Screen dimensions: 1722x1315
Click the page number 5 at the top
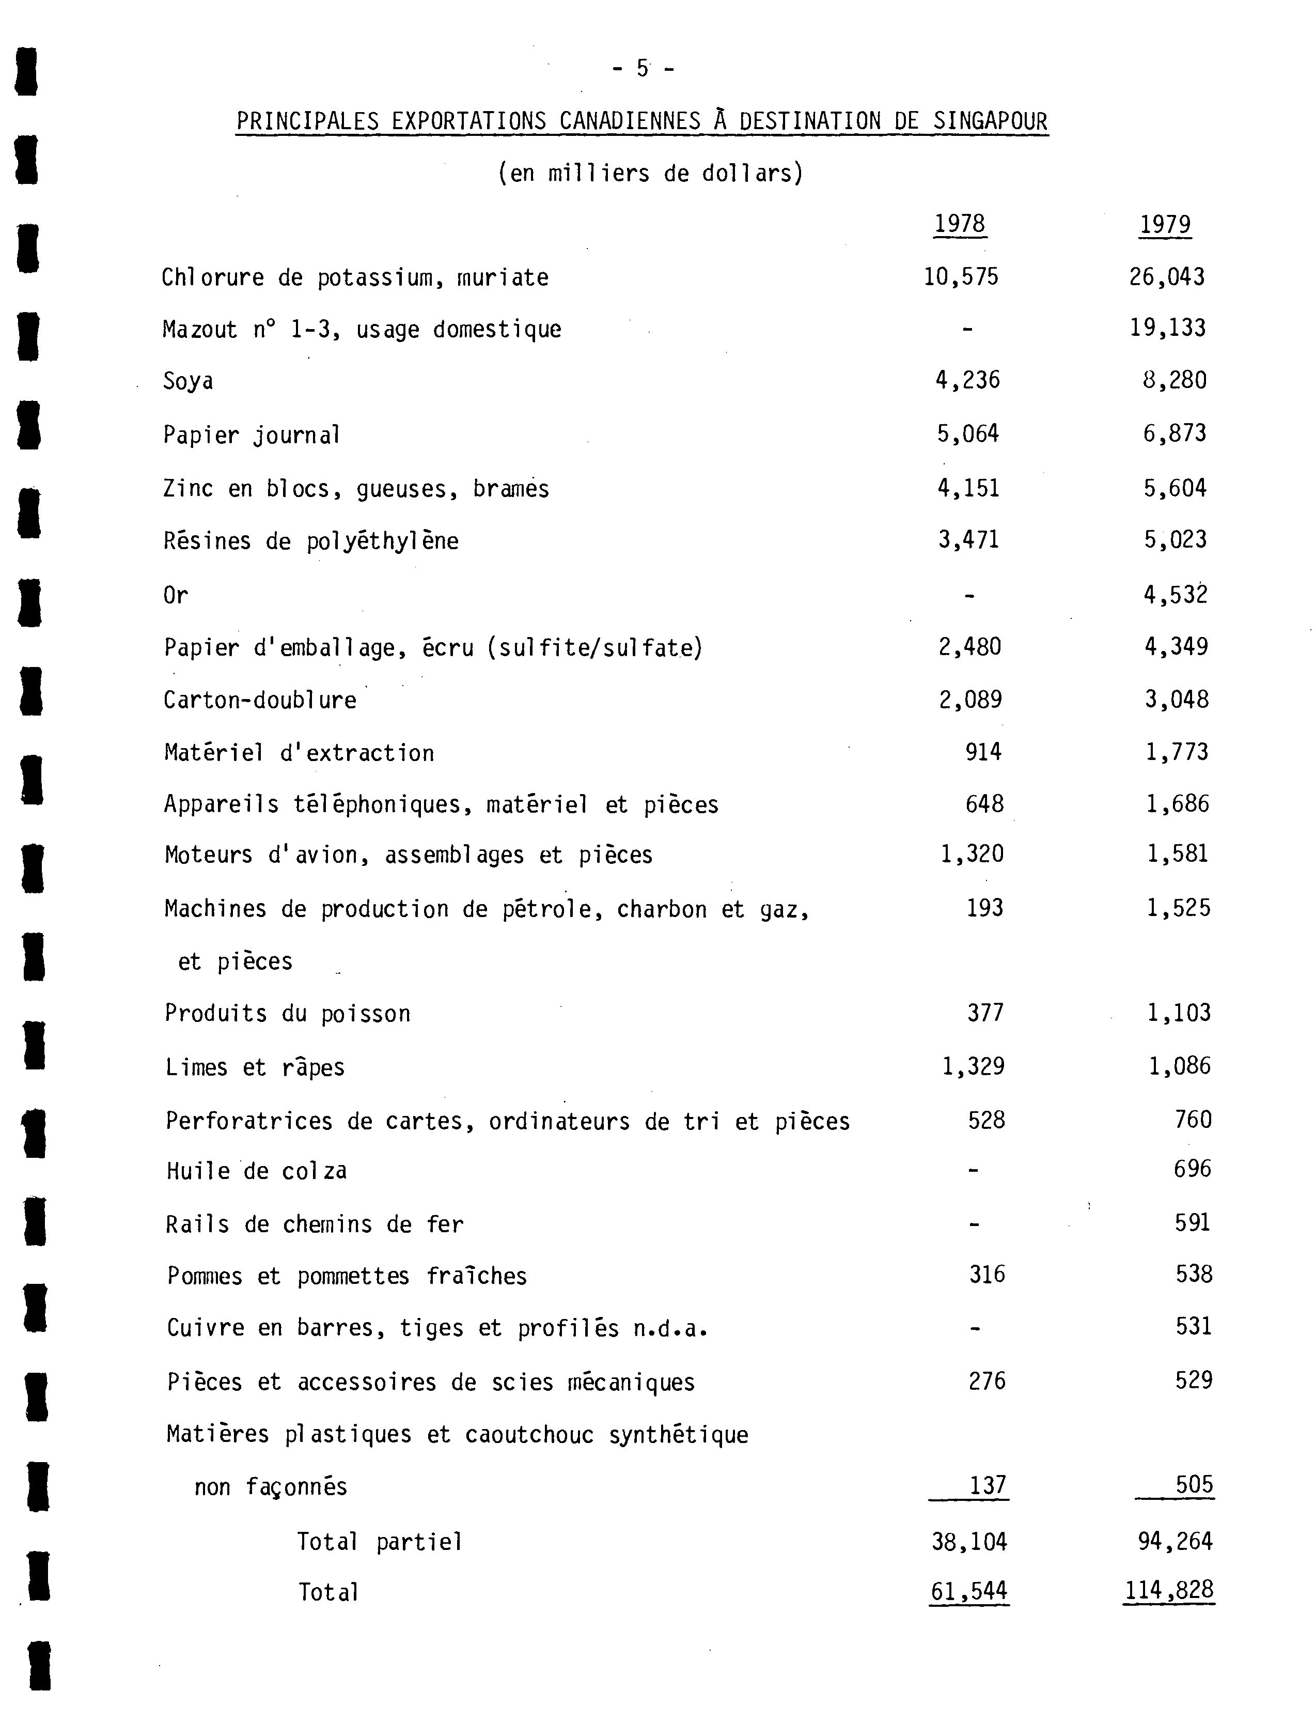click(643, 69)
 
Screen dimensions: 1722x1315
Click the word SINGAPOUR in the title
click(990, 121)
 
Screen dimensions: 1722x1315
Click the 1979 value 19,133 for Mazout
click(1167, 328)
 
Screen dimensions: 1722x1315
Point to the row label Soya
click(188, 381)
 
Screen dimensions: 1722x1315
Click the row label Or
click(175, 596)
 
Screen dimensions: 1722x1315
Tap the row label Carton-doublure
click(260, 700)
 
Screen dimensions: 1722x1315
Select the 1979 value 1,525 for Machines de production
click(1178, 908)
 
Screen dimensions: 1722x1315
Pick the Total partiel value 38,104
click(969, 1542)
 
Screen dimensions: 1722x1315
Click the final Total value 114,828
click(1169, 1590)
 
